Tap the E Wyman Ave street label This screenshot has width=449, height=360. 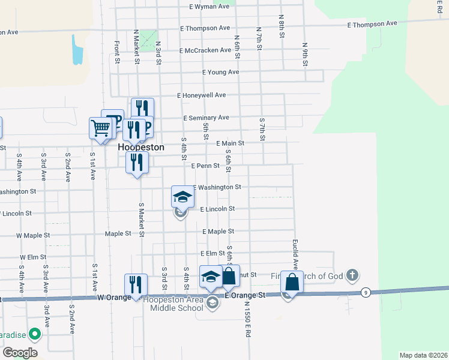click(209, 7)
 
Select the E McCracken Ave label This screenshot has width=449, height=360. click(205, 50)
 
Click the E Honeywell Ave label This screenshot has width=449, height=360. click(201, 95)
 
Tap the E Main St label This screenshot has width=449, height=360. click(226, 143)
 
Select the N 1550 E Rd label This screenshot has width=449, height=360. click(247, 319)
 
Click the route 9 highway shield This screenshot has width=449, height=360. click(365, 292)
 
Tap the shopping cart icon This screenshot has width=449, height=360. click(101, 128)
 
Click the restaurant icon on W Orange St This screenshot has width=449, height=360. click(136, 284)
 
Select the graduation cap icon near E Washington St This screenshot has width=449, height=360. click(182, 196)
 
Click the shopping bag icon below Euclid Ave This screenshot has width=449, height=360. click(292, 281)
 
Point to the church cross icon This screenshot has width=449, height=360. click(352, 276)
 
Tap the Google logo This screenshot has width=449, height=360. click(20, 352)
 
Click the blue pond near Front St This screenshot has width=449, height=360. click(77, 50)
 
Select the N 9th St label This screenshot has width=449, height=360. click(305, 53)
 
